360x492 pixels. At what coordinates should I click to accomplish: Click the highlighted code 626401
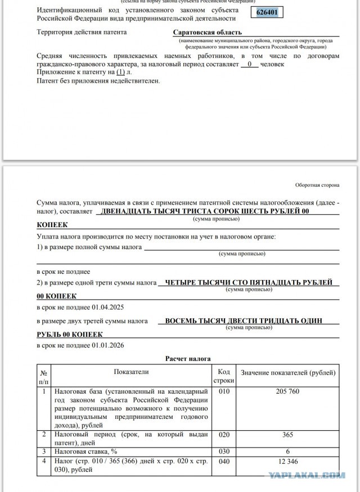coord(267,13)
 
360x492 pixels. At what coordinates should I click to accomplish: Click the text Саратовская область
coord(208,33)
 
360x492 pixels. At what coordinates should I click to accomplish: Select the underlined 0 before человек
coord(249,64)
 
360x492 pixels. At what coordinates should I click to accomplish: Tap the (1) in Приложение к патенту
coord(120,73)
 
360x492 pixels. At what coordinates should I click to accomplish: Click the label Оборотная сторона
coord(317,185)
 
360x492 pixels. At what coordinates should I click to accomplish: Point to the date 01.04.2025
coord(109,307)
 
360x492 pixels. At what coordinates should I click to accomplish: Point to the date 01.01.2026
coord(109,345)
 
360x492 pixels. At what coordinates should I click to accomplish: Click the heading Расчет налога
coord(188,358)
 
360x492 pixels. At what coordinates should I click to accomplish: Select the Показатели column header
coord(131,372)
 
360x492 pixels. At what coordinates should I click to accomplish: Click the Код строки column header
coord(223,376)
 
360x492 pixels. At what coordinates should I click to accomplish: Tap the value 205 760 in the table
coord(288,391)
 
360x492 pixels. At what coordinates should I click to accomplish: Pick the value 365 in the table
coord(288,435)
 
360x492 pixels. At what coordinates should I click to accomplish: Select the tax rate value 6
coord(288,451)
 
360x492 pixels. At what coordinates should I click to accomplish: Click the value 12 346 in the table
coord(288,462)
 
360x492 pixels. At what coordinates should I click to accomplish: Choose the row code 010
coord(223,391)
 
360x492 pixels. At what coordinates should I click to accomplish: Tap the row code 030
coord(223,451)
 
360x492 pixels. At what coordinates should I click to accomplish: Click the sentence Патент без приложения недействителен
coord(98,81)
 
